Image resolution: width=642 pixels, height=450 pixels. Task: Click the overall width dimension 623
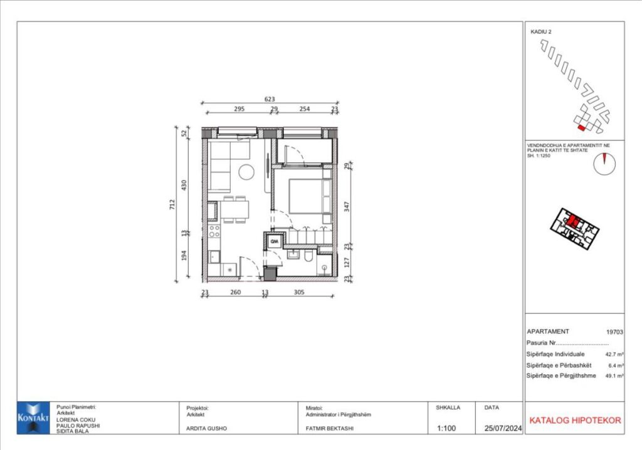point(270,99)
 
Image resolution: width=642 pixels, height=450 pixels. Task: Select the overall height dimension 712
point(172,204)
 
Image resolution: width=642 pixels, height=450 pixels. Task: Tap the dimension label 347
point(347,206)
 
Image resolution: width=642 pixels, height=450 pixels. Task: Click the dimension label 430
point(184,185)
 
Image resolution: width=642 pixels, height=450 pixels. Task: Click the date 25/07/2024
point(498,429)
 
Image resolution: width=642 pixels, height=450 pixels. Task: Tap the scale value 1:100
point(446,429)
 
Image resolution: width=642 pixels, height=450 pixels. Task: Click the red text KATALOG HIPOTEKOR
point(575,420)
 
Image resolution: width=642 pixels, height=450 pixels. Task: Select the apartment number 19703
point(614,332)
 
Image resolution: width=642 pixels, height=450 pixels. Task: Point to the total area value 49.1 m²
point(614,375)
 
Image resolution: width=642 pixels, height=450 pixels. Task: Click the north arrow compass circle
point(604,164)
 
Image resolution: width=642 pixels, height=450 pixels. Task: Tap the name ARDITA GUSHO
point(206,429)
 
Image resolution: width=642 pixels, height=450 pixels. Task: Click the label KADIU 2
point(541,31)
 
